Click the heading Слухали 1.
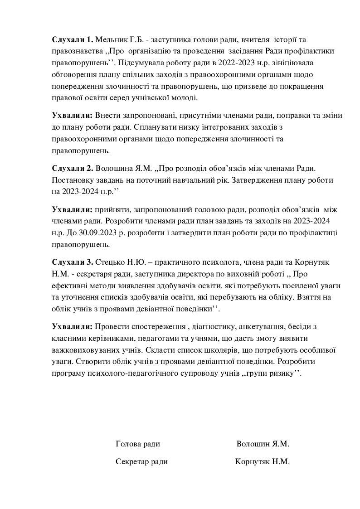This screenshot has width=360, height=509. (x=73, y=40)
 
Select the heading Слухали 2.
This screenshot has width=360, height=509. (x=73, y=168)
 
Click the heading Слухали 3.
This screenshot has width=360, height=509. (x=73, y=262)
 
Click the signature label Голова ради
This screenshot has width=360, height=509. (x=138, y=444)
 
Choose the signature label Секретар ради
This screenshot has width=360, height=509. (x=141, y=462)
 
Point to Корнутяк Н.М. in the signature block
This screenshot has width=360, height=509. (x=263, y=462)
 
